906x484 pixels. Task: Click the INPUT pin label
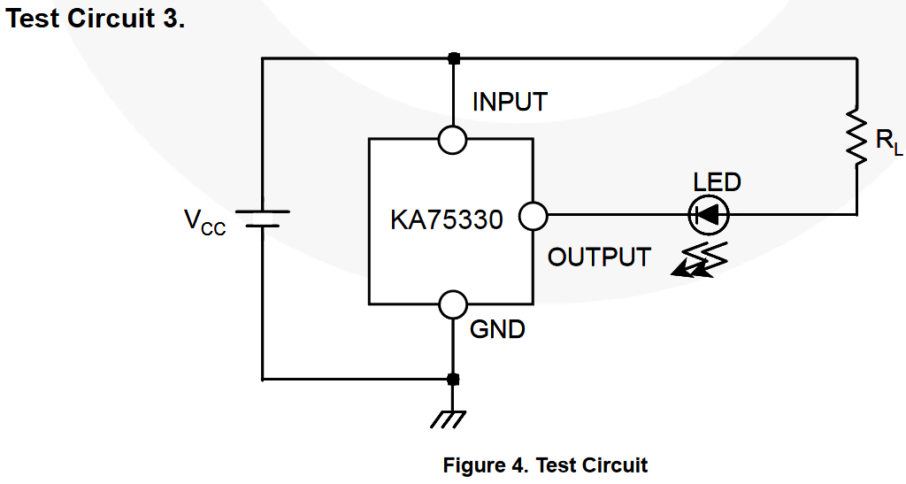click(x=510, y=102)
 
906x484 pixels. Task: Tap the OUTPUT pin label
click(x=599, y=257)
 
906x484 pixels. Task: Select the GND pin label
click(x=497, y=330)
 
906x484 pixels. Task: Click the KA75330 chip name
click(x=447, y=219)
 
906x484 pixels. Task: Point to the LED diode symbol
click(x=708, y=214)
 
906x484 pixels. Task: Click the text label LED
click(x=717, y=182)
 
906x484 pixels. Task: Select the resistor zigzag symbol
click(x=856, y=136)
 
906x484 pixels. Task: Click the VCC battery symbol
click(x=263, y=219)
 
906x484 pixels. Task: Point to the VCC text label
click(x=204, y=221)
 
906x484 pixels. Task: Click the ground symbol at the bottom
click(x=453, y=417)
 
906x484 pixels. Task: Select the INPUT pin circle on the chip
click(x=453, y=139)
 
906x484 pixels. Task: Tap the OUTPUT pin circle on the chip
click(x=533, y=215)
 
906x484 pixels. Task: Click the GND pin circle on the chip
click(x=453, y=303)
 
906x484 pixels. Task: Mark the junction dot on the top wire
click(x=454, y=58)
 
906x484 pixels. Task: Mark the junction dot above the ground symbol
click(x=453, y=380)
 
